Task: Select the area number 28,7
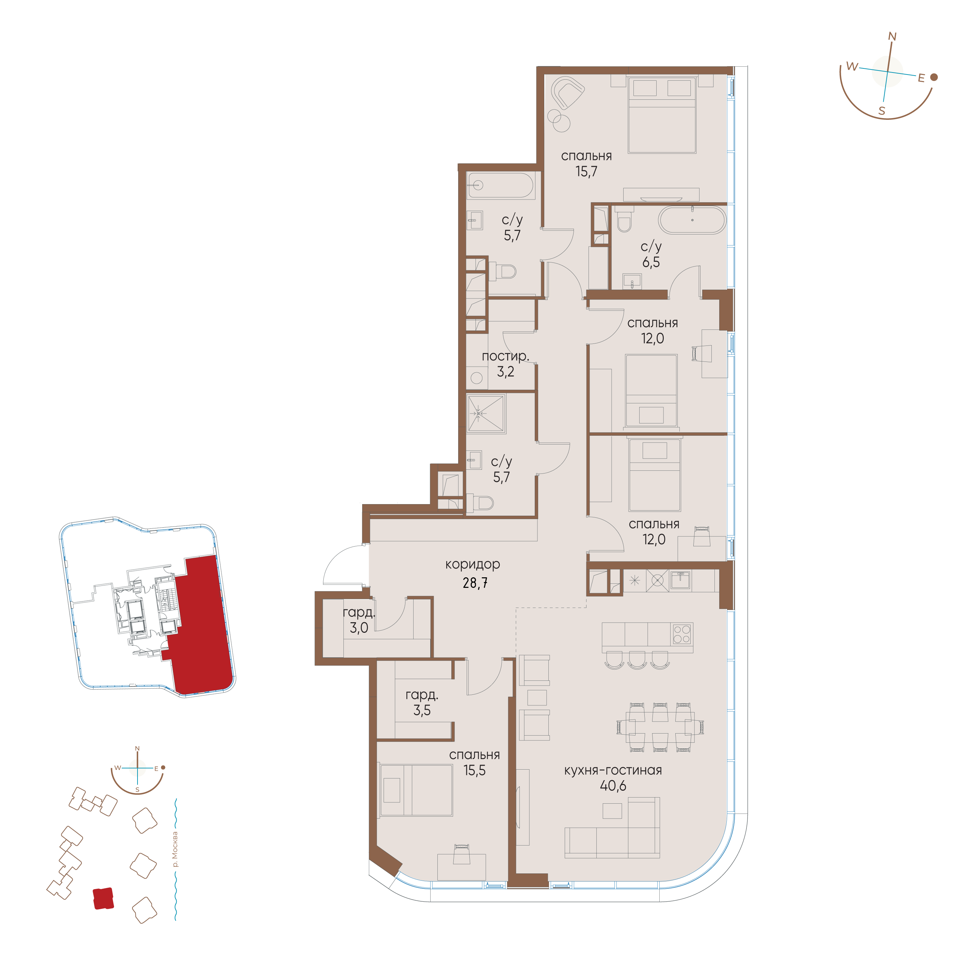coord(475,583)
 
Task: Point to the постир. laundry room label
coord(505,356)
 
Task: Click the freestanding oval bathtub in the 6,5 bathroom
coord(692,220)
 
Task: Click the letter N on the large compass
coord(892,36)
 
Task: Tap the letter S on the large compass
coord(882,111)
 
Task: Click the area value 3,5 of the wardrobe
coord(422,710)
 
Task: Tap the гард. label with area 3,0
coord(359,612)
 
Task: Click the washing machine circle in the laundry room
coord(477,378)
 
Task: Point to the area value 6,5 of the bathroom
coord(651,262)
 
